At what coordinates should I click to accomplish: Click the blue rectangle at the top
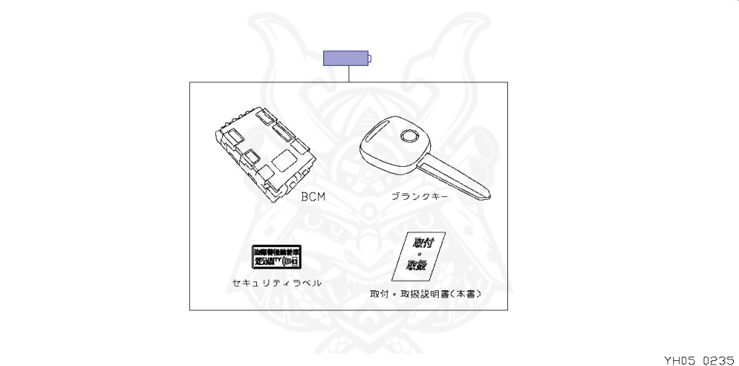click(x=346, y=58)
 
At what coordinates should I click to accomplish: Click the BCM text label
click(x=312, y=196)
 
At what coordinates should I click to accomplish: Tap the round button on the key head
click(x=410, y=136)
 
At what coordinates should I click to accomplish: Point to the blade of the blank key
click(x=455, y=178)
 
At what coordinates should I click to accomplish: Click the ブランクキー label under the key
click(x=419, y=196)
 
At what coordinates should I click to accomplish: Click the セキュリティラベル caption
click(x=276, y=283)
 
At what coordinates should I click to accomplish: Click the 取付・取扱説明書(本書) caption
click(x=425, y=295)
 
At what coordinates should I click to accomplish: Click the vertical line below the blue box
click(x=349, y=74)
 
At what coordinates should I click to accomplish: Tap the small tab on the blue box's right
click(x=370, y=58)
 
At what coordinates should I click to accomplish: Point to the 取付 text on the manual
click(x=422, y=243)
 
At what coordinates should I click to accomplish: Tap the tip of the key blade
click(x=489, y=194)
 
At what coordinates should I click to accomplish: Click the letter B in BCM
click(x=305, y=196)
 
